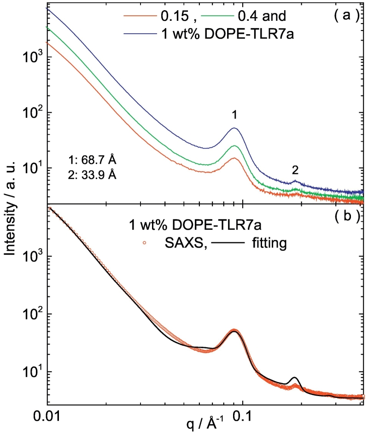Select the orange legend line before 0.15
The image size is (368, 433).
(138, 16)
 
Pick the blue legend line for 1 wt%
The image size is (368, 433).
(138, 33)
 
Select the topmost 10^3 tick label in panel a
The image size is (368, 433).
(31, 57)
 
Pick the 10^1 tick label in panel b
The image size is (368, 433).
(31, 372)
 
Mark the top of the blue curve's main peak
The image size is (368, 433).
(234, 128)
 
